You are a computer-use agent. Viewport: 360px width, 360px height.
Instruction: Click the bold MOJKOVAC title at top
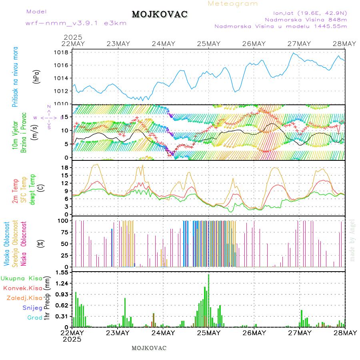click(x=160, y=14)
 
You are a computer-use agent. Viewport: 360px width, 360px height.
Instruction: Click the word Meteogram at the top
click(x=233, y=4)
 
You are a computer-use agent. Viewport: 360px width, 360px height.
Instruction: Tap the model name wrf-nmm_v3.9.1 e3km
click(x=76, y=23)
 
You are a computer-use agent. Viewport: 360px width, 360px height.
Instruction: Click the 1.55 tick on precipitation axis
click(x=62, y=272)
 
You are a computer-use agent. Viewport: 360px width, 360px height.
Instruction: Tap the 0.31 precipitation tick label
click(x=62, y=316)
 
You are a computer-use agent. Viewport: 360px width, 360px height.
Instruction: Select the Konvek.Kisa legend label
click(x=22, y=288)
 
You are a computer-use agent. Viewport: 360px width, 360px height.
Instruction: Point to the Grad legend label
click(x=35, y=318)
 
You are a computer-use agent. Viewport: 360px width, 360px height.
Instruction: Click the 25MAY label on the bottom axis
click(x=208, y=333)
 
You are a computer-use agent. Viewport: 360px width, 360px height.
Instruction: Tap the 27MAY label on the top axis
click(x=299, y=44)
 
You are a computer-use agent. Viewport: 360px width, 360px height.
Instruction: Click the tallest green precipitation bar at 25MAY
click(x=208, y=300)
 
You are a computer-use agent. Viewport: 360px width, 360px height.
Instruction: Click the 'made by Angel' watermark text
click(x=352, y=240)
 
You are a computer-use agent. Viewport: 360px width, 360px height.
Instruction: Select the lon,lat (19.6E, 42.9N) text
click(x=310, y=13)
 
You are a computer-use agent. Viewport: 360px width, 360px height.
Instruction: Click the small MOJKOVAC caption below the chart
click(x=149, y=348)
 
